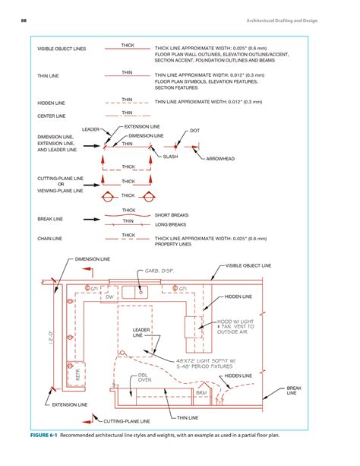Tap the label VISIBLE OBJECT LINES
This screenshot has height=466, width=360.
click(x=62, y=49)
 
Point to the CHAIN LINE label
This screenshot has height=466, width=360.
click(x=50, y=239)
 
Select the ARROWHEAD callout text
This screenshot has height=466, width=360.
click(x=220, y=159)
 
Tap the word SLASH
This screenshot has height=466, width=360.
click(x=171, y=157)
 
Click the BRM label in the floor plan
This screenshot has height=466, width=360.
click(x=201, y=392)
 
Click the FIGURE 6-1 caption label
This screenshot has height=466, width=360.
click(x=43, y=436)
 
